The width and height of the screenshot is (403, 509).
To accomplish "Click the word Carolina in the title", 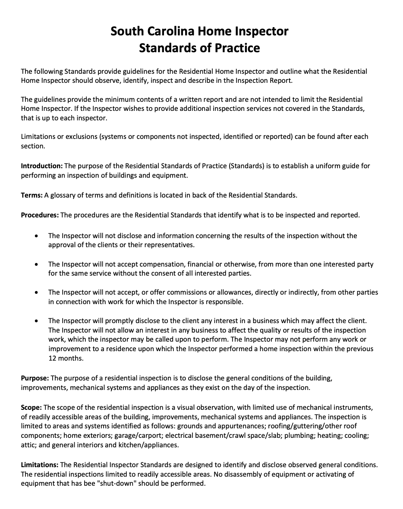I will [170, 31].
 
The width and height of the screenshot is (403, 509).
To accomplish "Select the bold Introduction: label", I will [42, 166].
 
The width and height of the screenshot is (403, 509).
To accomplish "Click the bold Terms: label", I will [31, 195].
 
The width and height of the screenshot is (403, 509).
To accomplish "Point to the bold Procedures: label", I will [40, 215].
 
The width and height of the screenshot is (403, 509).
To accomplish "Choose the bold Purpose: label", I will [35, 378].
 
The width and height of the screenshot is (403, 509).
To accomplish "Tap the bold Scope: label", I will [31, 407].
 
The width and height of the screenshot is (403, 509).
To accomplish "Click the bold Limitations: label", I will [40, 465].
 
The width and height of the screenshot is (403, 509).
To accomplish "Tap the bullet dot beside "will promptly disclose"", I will [38, 321].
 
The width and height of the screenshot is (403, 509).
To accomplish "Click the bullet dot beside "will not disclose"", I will [38, 236].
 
